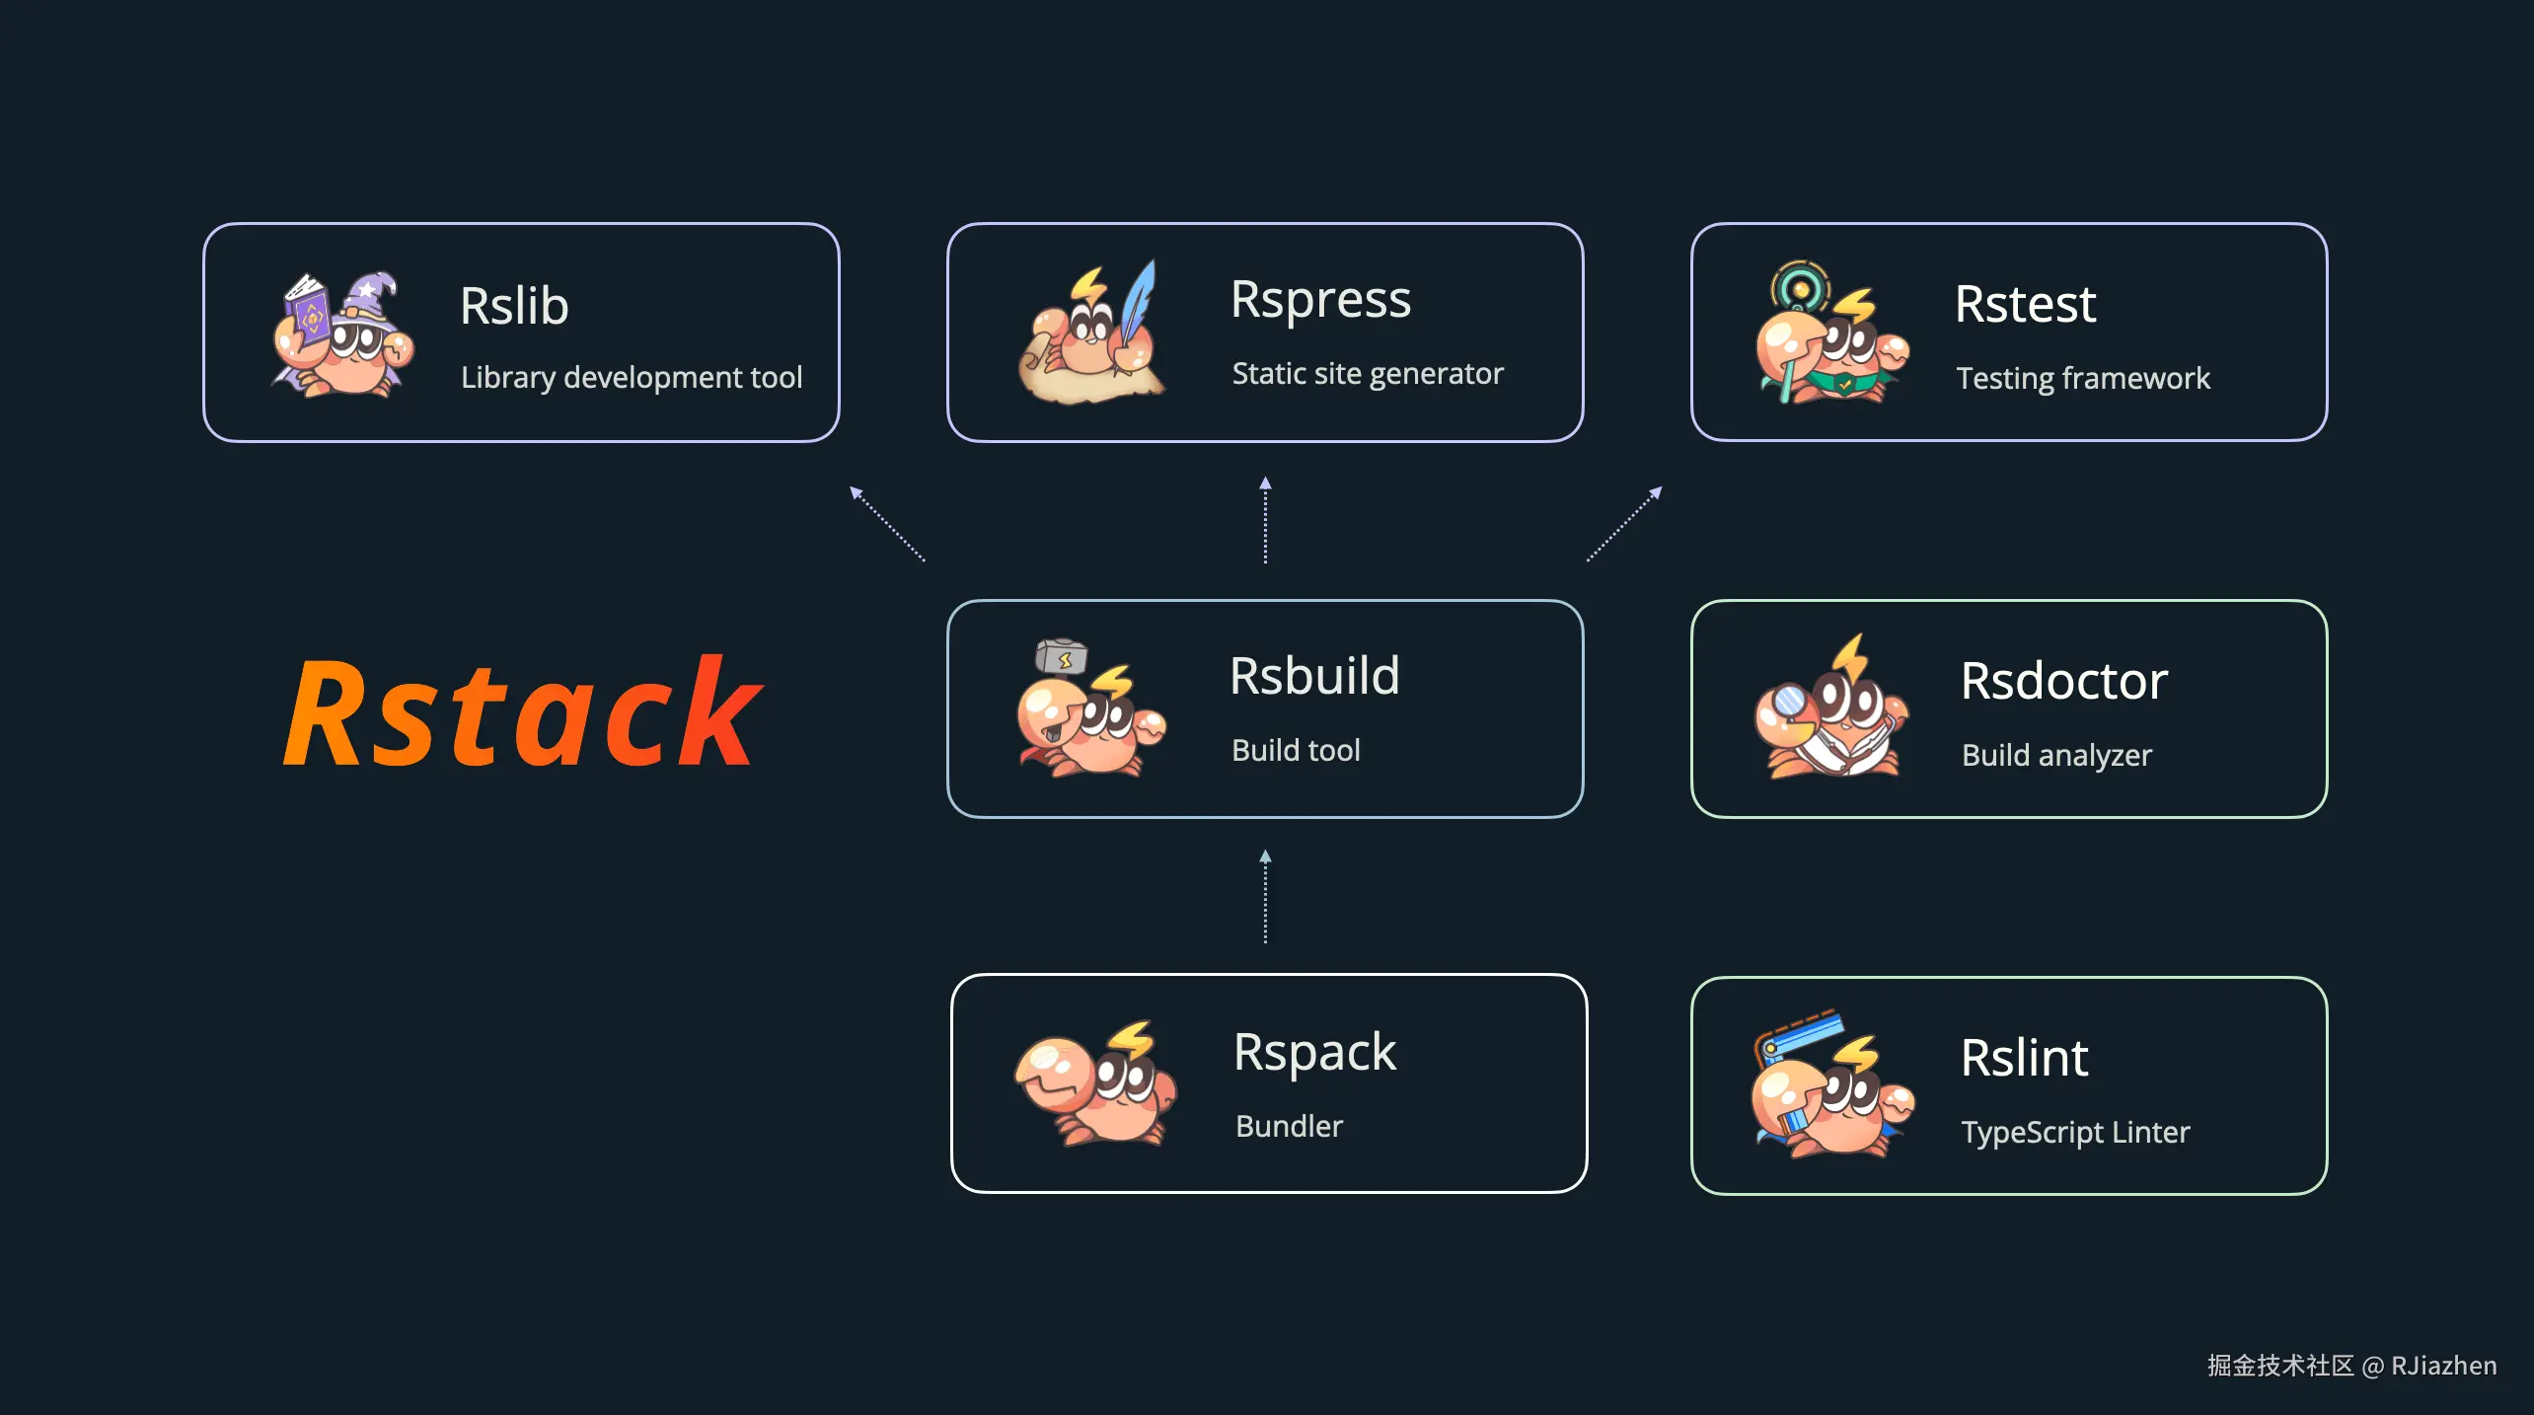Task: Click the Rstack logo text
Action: coord(523,713)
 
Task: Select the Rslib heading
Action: coord(514,306)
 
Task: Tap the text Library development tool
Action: coord(632,377)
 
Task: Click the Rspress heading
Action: coord(1320,300)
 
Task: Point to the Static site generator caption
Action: coord(1368,373)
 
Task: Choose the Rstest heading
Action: coord(2025,304)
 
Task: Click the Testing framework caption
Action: coord(2083,378)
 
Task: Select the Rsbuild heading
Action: coord(1314,677)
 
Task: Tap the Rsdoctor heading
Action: coord(2063,681)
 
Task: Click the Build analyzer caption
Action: coord(2056,755)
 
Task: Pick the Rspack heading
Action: coord(1314,1052)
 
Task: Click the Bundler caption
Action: coord(1289,1126)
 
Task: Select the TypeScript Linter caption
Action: coord(2075,1132)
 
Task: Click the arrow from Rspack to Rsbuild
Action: coord(1265,897)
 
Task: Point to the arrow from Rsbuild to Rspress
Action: coord(1265,520)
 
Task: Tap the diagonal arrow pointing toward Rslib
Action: coord(887,524)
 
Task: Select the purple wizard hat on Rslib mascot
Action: coord(370,296)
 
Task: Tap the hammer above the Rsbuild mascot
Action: coord(1061,657)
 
